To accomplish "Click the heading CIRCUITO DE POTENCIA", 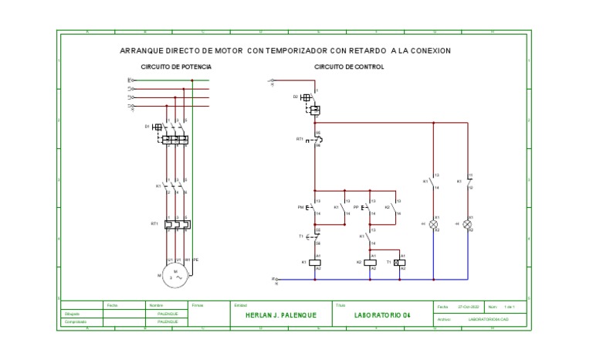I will click(176, 67).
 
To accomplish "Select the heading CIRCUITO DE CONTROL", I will click(349, 67).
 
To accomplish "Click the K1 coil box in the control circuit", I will click(316, 263).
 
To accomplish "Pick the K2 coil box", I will click(372, 263).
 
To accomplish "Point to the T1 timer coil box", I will click(399, 263).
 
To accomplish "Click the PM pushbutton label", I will click(300, 207).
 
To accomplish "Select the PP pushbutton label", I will click(356, 207).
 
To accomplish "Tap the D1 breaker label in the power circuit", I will click(146, 126).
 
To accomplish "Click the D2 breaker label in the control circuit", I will click(295, 97).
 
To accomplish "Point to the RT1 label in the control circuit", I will click(300, 139).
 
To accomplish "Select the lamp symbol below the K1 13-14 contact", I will click(435, 224).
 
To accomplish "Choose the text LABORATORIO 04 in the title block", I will click(378, 315).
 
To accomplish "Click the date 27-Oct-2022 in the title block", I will click(469, 307).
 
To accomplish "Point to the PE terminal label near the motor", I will click(196, 259).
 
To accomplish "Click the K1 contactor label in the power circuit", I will click(158, 185).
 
